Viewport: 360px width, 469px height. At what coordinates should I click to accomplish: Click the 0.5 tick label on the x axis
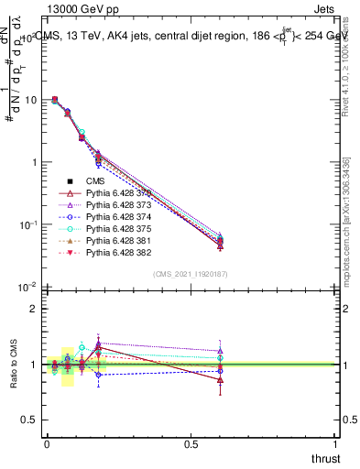point(191,444)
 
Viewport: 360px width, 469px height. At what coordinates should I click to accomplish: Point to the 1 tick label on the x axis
point(336,444)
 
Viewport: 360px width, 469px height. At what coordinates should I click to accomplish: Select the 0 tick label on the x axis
point(47,444)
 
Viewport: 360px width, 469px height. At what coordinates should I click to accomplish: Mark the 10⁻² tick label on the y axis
point(28,288)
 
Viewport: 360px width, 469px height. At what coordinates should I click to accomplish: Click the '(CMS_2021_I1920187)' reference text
point(190,274)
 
